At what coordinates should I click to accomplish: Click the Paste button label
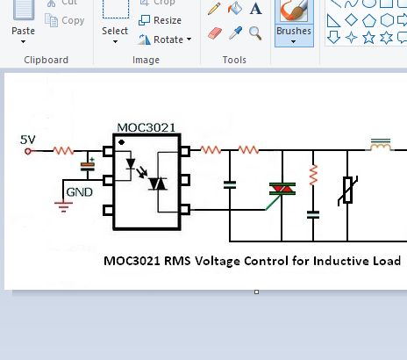(24, 31)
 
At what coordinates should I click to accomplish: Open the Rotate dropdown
(162, 40)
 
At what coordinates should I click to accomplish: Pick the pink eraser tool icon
(215, 33)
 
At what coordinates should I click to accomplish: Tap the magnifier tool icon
(255, 33)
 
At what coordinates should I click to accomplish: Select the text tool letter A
(255, 9)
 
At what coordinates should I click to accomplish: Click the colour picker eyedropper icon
(235, 33)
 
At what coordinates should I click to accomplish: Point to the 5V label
(28, 139)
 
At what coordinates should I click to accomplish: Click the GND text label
(80, 191)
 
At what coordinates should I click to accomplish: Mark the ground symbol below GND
(62, 207)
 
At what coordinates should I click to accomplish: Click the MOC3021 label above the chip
(146, 127)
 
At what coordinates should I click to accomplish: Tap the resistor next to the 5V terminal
(63, 151)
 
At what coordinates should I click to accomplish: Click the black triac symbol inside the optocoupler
(158, 184)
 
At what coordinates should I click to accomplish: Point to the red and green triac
(282, 190)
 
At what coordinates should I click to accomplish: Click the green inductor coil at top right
(380, 144)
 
